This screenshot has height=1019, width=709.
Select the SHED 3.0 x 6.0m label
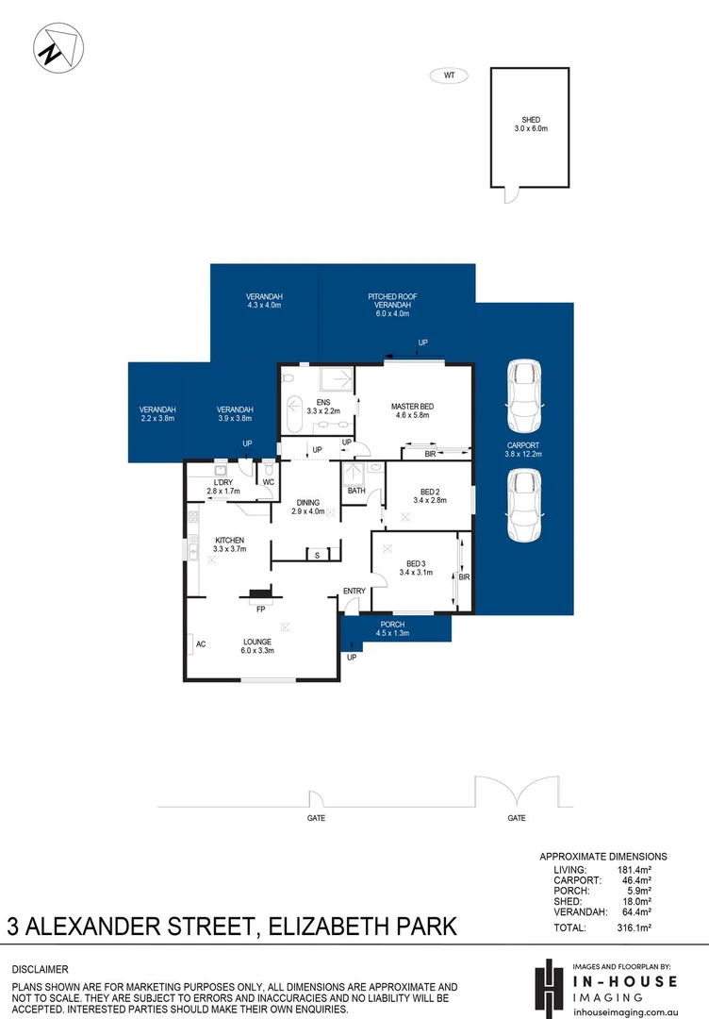[531, 124]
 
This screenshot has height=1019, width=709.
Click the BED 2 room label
[430, 496]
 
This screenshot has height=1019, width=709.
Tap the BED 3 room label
[415, 567]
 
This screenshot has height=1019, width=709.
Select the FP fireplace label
[259, 610]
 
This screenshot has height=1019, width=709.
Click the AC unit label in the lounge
[200, 645]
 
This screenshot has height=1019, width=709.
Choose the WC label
[268, 482]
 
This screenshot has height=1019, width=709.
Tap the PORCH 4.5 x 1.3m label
[392, 629]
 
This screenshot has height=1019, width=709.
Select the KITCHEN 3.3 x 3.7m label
[228, 544]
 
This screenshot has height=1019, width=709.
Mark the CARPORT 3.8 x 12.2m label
[523, 451]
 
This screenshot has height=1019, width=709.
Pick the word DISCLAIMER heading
[40, 969]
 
